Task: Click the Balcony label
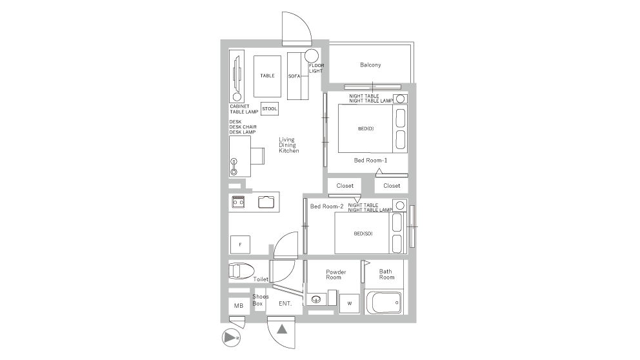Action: (x=370, y=65)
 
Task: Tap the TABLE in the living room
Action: (x=267, y=76)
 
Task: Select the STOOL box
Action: (x=270, y=108)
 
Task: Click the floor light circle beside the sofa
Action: (x=312, y=55)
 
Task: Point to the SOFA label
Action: (x=294, y=76)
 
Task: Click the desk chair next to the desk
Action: (x=257, y=155)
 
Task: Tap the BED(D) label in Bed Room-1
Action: (x=366, y=128)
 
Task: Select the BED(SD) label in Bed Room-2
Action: (x=363, y=234)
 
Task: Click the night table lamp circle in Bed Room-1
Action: (x=401, y=99)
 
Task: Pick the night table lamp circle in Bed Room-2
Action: (x=400, y=205)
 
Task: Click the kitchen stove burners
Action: (x=238, y=202)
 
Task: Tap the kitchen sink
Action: (x=266, y=202)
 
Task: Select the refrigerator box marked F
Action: (x=240, y=245)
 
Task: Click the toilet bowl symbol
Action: (x=241, y=270)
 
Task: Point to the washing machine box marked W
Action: (x=350, y=303)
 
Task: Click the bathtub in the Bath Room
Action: (x=384, y=303)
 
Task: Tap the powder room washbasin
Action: (x=316, y=299)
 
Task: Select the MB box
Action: (x=239, y=306)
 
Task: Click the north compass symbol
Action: (x=231, y=338)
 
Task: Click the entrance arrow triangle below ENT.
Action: (x=282, y=328)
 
